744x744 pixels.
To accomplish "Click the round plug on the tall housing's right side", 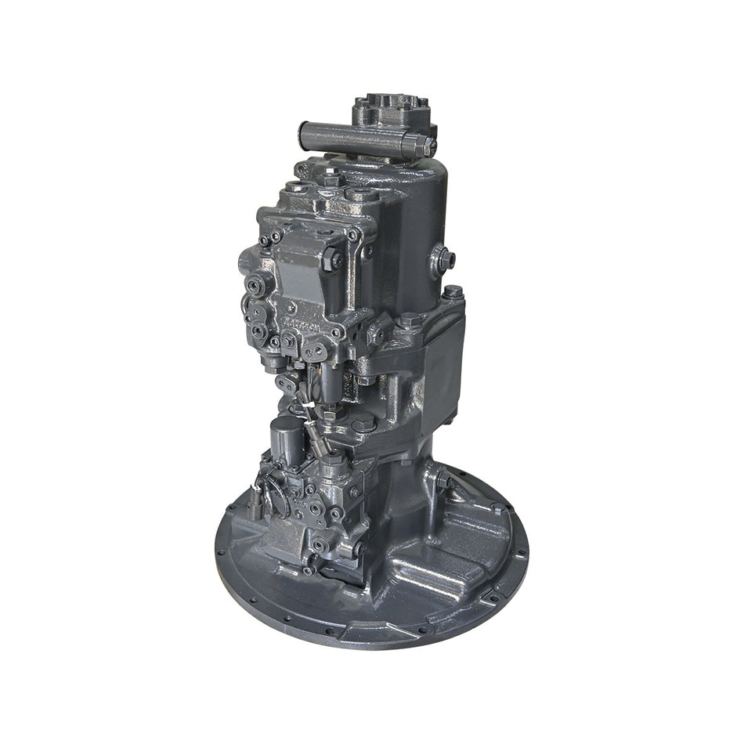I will point(441,258).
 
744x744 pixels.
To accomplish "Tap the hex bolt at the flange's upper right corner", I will point(453,292).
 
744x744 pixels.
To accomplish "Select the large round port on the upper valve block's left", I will point(256,286).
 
